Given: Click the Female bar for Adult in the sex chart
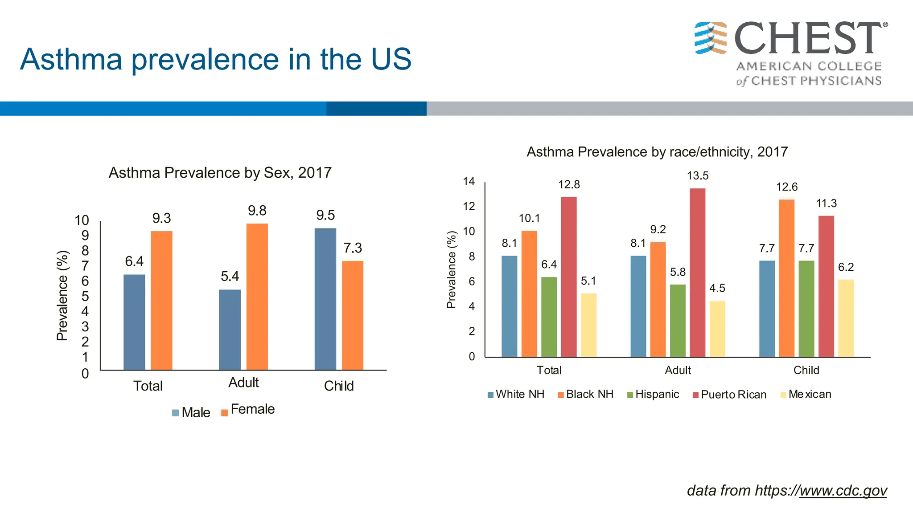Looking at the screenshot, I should (x=257, y=297).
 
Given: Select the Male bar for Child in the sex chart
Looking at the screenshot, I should (x=325, y=299).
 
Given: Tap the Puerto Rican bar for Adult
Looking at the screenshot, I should (x=697, y=273).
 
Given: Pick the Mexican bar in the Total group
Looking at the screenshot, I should (x=588, y=325).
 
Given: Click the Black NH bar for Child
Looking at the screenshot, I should (x=786, y=278).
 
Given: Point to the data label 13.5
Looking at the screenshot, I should (x=698, y=176).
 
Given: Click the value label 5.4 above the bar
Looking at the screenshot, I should (x=230, y=277).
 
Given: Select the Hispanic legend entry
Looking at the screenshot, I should (x=653, y=395).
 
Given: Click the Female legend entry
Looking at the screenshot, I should (x=248, y=410).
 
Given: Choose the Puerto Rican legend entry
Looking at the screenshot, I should (x=730, y=395).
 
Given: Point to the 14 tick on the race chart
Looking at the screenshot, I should (x=469, y=182).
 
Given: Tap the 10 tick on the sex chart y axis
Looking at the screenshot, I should (x=82, y=220).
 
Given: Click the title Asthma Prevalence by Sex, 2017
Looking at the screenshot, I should (x=220, y=173).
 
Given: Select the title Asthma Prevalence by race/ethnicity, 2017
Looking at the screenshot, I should (x=657, y=152).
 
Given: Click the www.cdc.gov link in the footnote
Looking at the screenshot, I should (x=843, y=491).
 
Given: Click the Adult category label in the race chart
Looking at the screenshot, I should (x=678, y=370).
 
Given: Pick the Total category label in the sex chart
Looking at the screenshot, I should (x=148, y=386).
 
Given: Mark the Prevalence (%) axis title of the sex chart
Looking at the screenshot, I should (x=62, y=296).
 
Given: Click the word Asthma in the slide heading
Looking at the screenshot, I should (x=71, y=59).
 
